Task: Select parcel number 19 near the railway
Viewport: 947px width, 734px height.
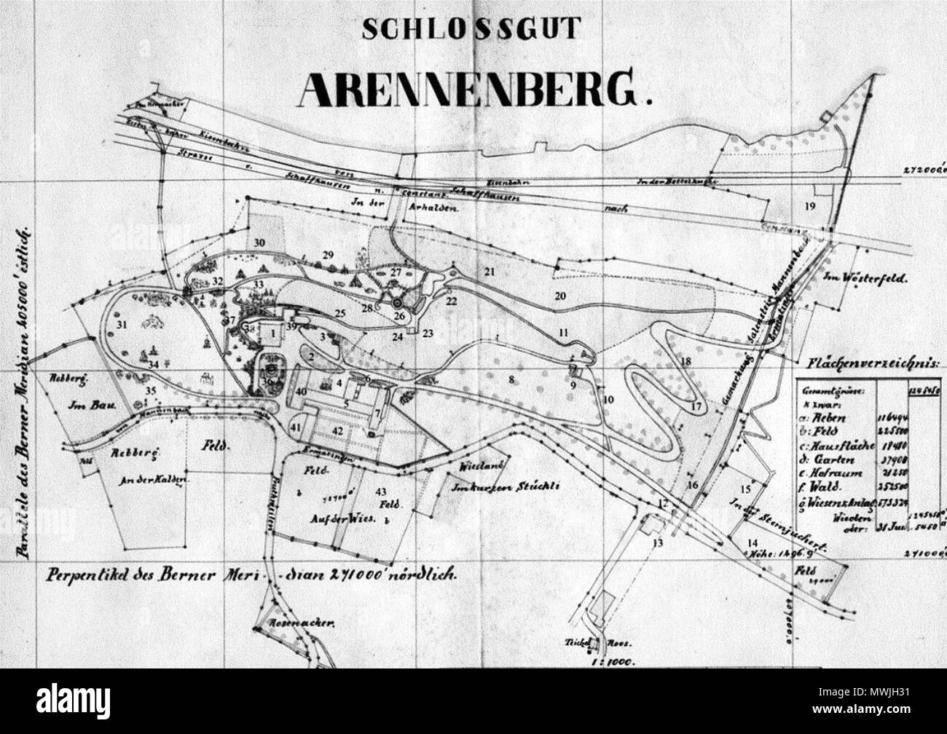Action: click(810, 206)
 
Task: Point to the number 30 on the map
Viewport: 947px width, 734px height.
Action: click(259, 243)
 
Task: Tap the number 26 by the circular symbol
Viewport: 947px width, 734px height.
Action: click(399, 315)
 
